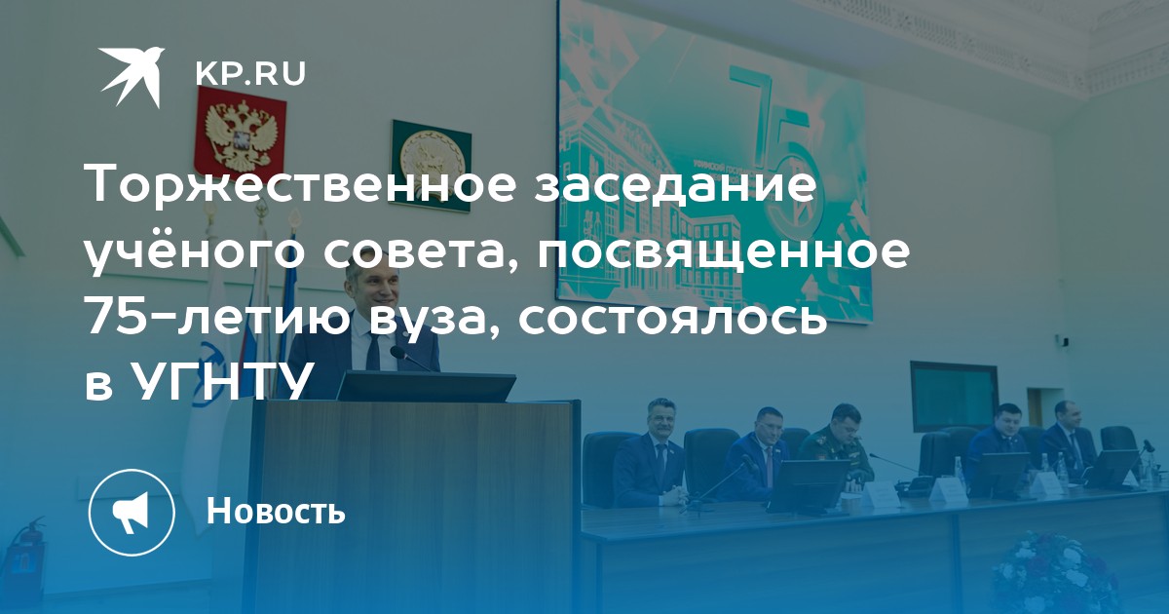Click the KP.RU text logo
(250, 75)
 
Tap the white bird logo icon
(132, 77)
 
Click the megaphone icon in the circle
(132, 513)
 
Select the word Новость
(276, 511)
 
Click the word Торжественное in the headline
(302, 184)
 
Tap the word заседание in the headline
(675, 184)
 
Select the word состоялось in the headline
(673, 316)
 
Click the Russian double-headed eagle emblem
(240, 134)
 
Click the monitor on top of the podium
(426, 386)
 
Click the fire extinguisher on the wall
(26, 546)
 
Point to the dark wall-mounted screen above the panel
(954, 396)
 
